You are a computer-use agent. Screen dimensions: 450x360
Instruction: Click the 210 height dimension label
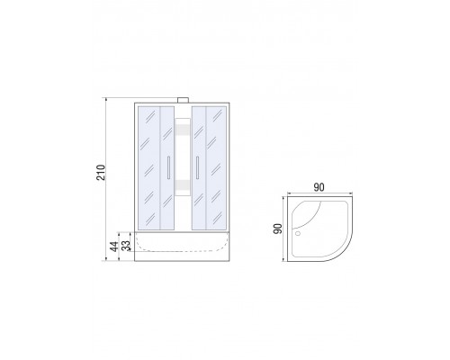(x=102, y=172)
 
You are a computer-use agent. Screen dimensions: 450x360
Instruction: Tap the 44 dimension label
(x=113, y=247)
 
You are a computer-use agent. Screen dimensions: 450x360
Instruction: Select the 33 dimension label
(x=127, y=246)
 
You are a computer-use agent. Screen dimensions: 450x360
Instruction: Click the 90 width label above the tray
(x=319, y=187)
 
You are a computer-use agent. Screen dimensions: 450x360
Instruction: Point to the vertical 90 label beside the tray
(x=277, y=229)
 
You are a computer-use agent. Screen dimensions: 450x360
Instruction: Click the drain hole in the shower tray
(x=298, y=233)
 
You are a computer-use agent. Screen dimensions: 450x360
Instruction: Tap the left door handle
(x=169, y=167)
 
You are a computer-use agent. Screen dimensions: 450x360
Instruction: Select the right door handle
(x=197, y=167)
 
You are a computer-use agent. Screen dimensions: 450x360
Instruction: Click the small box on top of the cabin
(x=183, y=100)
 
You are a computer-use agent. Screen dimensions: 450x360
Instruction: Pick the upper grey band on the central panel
(x=183, y=130)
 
